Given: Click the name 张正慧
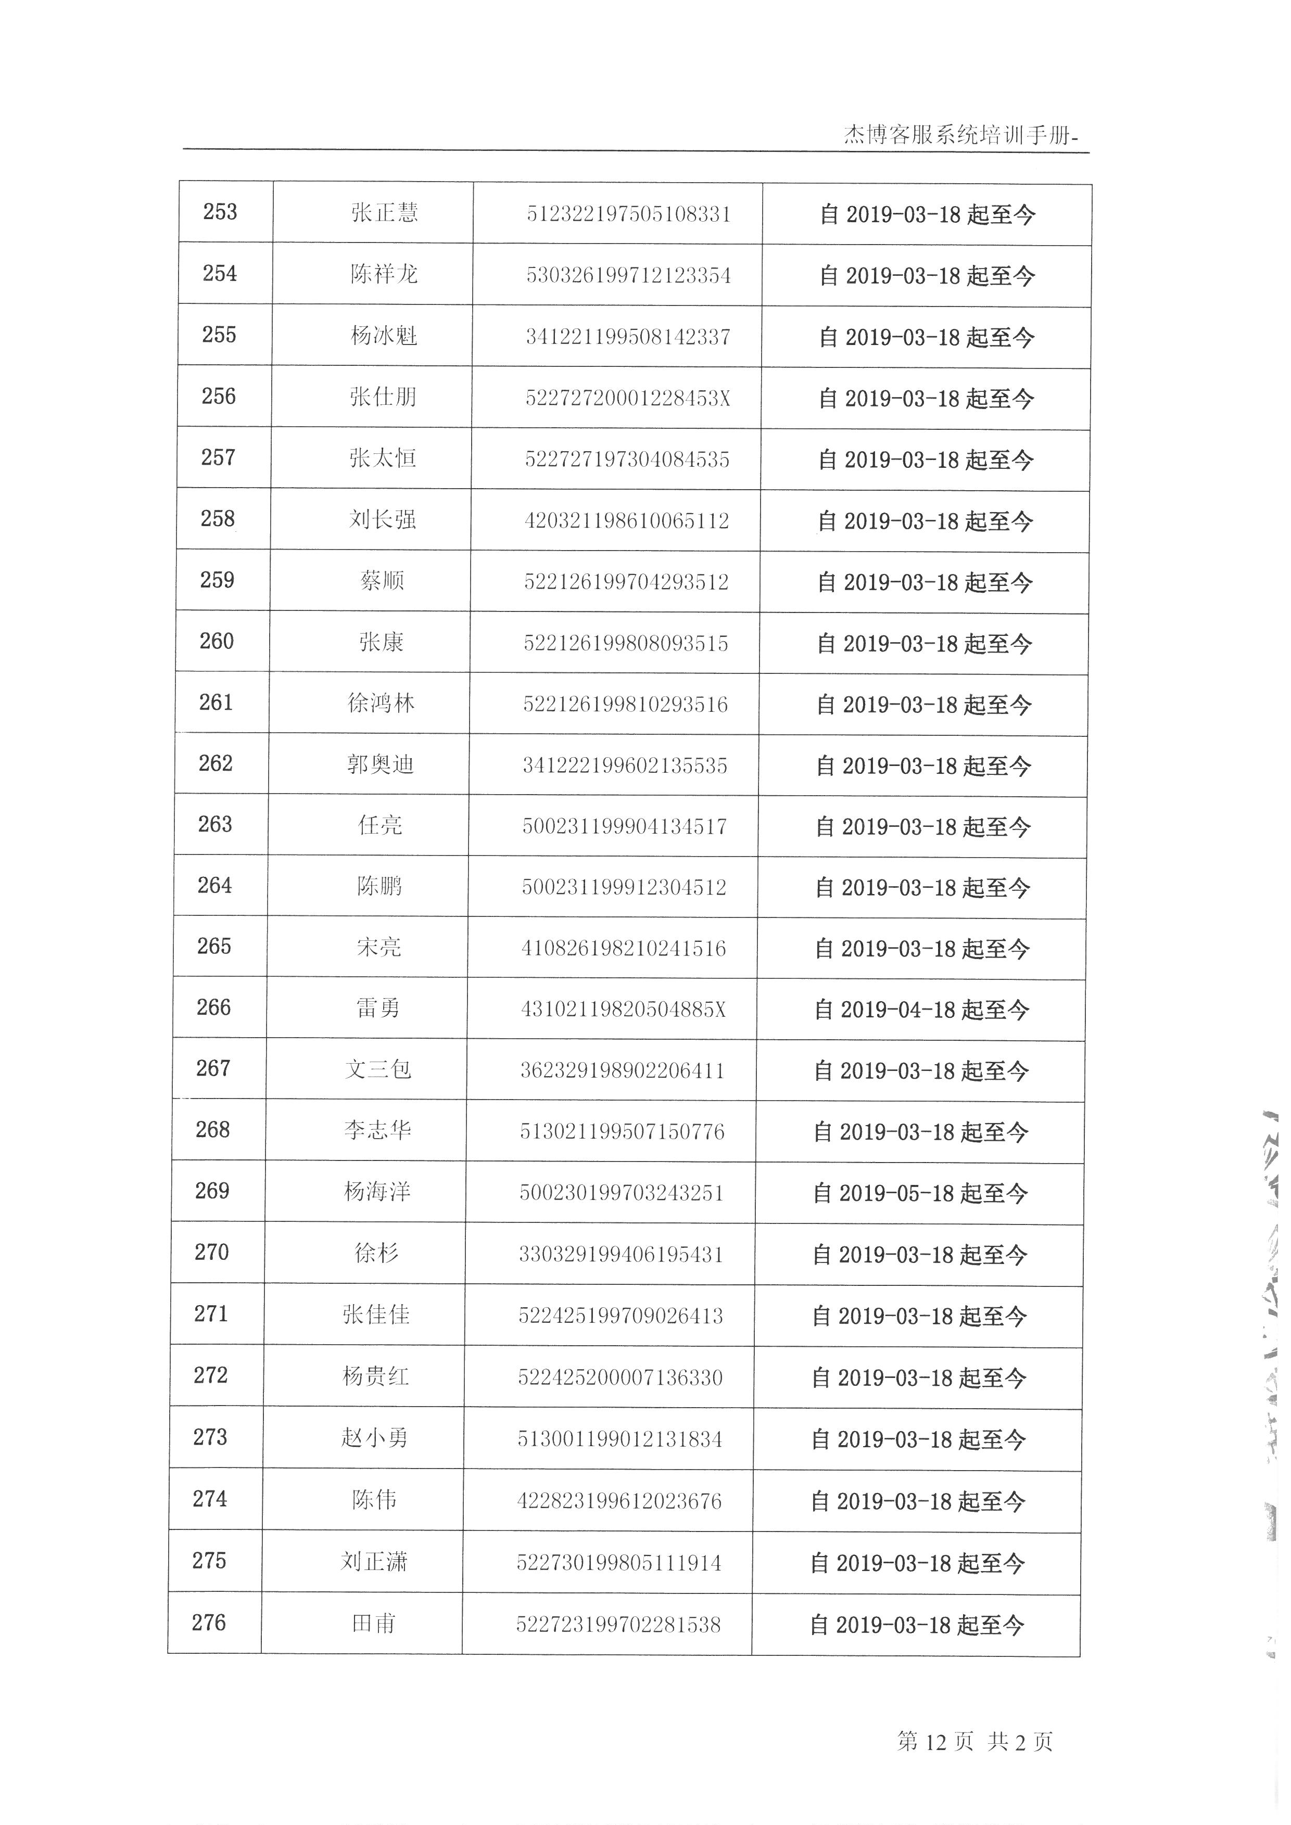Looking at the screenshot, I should pos(384,213).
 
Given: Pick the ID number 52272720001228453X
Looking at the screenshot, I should pos(627,398).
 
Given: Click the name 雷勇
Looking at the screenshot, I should pos(378,1008).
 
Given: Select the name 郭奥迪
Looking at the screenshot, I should pos(380,764).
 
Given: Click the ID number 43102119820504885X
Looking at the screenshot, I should pos(623,1010).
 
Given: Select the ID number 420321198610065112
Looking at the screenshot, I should pos(626,520).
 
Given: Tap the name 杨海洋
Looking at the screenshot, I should pos(377,1192).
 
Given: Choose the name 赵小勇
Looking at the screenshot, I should pos(374,1437).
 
